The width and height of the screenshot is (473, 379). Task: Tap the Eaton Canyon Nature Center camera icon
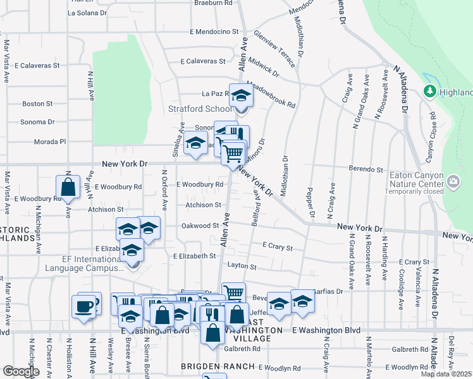453,183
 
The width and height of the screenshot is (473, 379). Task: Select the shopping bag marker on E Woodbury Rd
68,187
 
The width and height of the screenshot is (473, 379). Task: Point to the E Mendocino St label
214,31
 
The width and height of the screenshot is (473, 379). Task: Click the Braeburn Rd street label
213,3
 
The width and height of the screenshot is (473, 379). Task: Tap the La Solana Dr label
87,13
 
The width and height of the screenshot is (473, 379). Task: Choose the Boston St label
37,104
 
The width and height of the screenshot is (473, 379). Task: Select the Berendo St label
366,169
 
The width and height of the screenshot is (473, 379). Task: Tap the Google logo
21,371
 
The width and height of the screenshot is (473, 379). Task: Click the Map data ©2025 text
446,374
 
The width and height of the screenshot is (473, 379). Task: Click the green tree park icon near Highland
430,92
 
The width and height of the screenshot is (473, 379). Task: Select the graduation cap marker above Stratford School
240,95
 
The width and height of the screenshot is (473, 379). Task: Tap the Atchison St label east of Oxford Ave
203,205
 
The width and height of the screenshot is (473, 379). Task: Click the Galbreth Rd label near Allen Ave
242,349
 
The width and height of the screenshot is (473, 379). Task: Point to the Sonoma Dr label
37,122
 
